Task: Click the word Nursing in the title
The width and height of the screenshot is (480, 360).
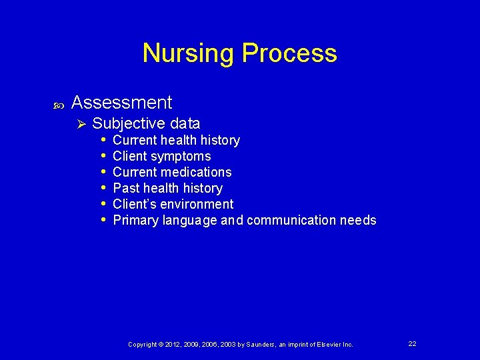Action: pyautogui.click(x=189, y=53)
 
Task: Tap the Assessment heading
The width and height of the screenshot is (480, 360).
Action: pyautogui.click(x=121, y=103)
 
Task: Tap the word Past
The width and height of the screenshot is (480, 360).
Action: pyautogui.click(x=126, y=188)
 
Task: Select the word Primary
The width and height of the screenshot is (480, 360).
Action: pyautogui.click(x=136, y=220)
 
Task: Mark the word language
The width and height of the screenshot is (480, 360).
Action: pyautogui.click(x=190, y=221)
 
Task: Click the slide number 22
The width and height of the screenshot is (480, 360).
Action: pyautogui.click(x=412, y=343)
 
